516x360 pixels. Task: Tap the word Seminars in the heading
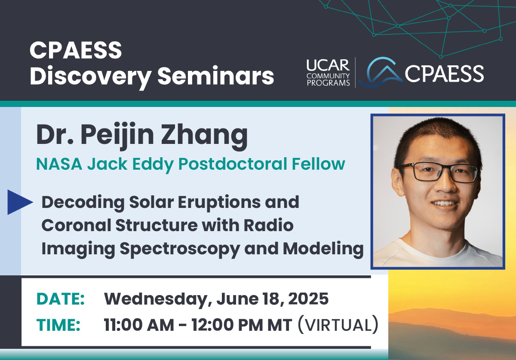pos(216,75)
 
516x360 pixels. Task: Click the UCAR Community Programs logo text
pos(328,73)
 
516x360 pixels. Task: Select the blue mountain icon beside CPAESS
pos(381,72)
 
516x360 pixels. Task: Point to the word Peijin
pos(117,136)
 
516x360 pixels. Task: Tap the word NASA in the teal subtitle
pos(59,164)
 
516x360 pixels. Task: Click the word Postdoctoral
pos(233,164)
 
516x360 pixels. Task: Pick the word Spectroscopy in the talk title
pos(180,250)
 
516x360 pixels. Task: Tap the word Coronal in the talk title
pos(77,225)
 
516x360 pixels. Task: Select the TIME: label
pos(58,325)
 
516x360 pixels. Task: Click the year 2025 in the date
pos(308,299)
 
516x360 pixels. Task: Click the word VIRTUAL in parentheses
pos(338,325)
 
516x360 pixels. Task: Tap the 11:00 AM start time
pos(139,325)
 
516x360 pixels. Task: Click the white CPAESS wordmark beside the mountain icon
pos(444,73)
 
